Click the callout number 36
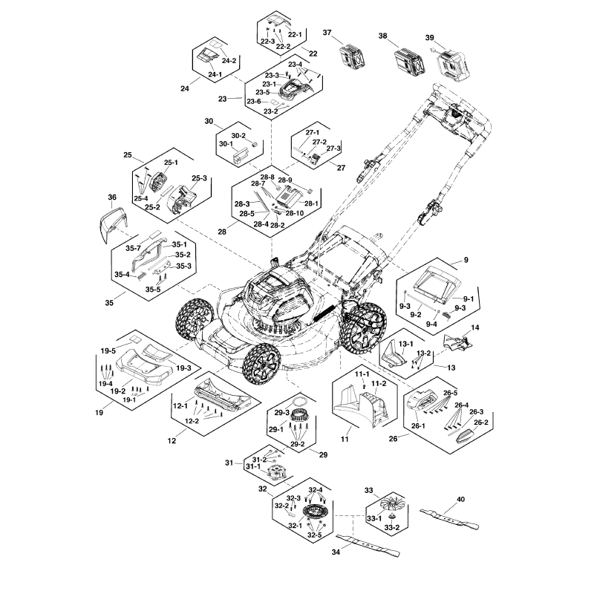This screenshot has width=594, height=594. pyautogui.click(x=112, y=197)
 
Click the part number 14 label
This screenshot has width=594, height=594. pyautogui.click(x=475, y=327)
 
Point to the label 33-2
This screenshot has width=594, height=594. pyautogui.click(x=393, y=527)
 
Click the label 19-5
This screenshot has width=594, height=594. pyautogui.click(x=108, y=350)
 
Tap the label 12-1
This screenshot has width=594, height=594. pyautogui.click(x=178, y=407)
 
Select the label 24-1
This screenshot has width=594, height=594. pyautogui.click(x=215, y=74)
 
